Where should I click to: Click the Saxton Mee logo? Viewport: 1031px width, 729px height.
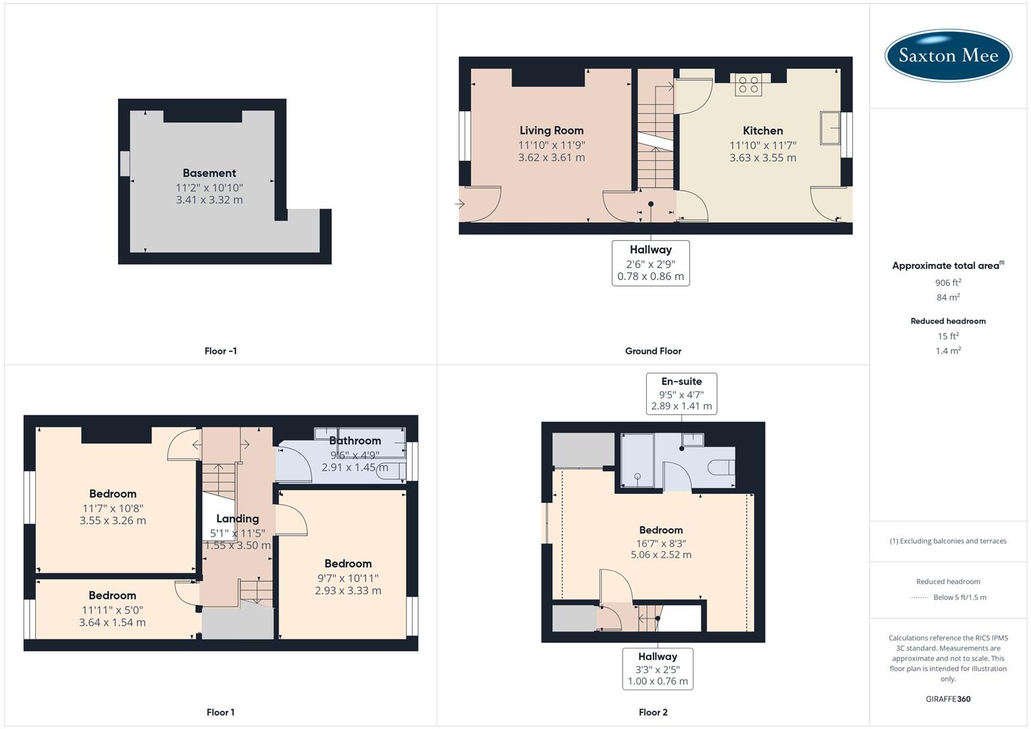948,55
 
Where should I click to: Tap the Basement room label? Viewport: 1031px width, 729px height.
209,173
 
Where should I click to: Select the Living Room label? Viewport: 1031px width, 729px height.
551,130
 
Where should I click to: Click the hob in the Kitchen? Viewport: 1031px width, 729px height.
748,85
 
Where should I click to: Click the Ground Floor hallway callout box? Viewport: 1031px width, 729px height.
650,263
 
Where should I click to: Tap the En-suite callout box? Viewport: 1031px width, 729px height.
681,394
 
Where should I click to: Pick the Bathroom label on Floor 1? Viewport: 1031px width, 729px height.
355,441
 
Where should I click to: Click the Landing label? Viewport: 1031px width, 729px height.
237,518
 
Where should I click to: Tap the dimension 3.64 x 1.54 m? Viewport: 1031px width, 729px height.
112,622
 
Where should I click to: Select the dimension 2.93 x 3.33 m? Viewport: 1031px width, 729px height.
348,590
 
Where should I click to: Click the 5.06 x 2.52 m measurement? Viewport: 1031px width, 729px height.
660,555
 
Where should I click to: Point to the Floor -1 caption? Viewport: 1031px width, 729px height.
220,351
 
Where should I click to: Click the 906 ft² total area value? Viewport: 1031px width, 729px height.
948,283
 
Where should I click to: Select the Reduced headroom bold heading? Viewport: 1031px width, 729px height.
948,321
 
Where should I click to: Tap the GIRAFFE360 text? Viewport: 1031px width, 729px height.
948,699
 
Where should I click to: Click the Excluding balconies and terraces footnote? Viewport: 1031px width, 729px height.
948,541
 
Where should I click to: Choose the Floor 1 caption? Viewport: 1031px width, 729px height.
220,712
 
